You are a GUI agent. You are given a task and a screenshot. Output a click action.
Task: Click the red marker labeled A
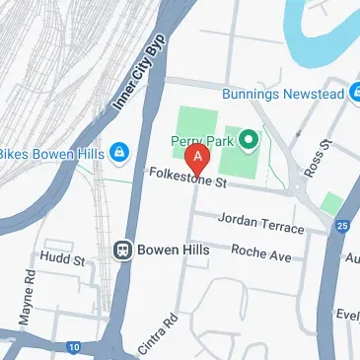199,156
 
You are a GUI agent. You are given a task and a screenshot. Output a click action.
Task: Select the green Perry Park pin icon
248,140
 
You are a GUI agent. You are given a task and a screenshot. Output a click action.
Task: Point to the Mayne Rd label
28,305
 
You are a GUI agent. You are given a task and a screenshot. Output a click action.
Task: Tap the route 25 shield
341,226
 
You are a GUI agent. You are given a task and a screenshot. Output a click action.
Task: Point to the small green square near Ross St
332,204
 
